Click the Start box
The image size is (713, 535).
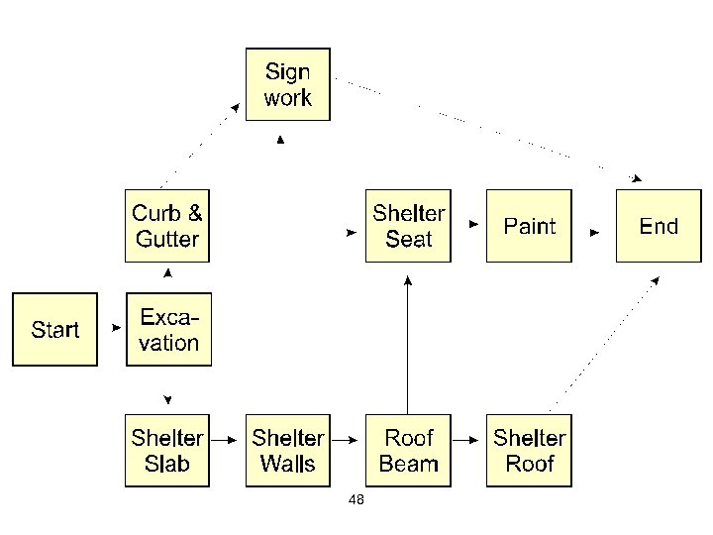tap(54, 329)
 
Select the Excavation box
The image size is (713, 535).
tap(168, 329)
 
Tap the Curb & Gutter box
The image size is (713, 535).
tap(166, 226)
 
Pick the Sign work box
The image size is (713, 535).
tap(287, 84)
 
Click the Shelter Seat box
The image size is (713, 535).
tap(408, 226)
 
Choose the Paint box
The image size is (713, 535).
tap(529, 226)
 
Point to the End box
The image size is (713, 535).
tap(659, 226)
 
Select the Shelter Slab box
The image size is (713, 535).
tap(166, 451)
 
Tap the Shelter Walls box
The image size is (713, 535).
tap(287, 451)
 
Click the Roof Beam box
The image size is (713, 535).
tap(408, 451)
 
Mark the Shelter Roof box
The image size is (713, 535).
tap(529, 451)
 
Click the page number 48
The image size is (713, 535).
tap(356, 500)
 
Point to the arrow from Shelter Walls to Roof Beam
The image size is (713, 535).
tap(348, 437)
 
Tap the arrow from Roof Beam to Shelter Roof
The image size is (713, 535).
tap(468, 437)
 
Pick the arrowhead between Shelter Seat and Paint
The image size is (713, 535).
tap(474, 225)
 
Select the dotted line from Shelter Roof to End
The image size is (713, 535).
tap(604, 342)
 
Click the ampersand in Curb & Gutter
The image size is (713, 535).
tap(195, 213)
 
